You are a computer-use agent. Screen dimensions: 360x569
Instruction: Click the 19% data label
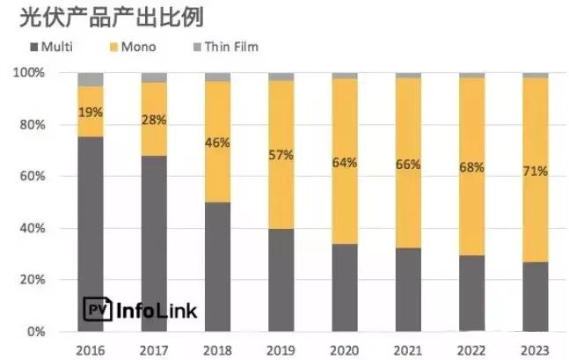click(91, 112)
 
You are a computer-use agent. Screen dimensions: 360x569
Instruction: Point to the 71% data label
click(535, 170)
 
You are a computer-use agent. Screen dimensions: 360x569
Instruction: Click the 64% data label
click(344, 161)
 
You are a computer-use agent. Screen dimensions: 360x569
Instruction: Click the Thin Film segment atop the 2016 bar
click(91, 79)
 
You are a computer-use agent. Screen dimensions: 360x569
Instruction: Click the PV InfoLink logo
click(140, 310)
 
